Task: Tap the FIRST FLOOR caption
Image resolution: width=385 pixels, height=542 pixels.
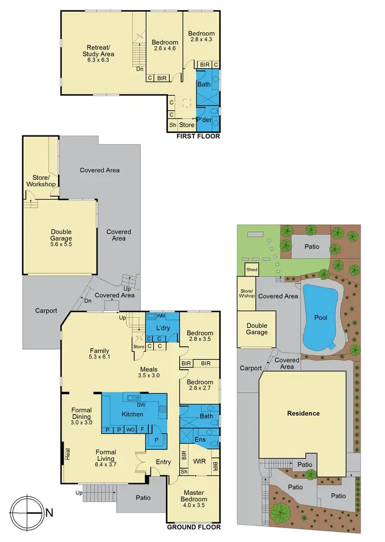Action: click(198, 136)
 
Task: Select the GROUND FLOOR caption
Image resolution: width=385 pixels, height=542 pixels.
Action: click(194, 527)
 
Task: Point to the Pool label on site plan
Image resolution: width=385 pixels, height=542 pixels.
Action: click(321, 317)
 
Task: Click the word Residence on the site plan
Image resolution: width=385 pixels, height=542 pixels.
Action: click(303, 413)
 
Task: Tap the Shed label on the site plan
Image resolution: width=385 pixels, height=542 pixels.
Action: click(252, 270)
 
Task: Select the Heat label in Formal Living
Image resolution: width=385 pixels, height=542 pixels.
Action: click(67, 454)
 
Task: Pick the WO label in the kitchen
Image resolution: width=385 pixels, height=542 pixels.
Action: click(130, 429)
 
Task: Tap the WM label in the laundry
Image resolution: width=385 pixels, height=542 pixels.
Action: click(161, 316)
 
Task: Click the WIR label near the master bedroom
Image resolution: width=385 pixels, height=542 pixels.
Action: click(199, 461)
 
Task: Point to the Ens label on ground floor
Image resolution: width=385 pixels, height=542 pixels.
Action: click(200, 439)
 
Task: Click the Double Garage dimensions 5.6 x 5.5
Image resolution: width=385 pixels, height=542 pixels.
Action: click(61, 245)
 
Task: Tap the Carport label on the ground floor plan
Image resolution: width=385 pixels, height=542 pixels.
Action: click(46, 310)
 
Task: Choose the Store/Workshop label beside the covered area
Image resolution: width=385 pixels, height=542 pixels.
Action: click(42, 181)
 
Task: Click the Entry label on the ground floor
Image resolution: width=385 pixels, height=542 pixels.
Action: click(163, 462)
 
